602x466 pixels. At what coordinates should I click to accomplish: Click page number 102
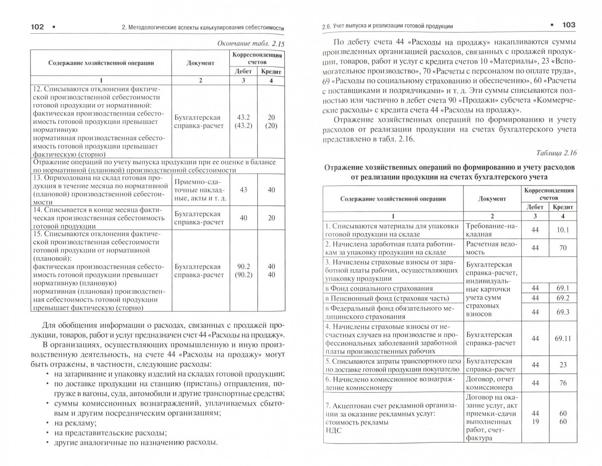tap(37, 27)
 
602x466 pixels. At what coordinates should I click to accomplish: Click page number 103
tap(568, 25)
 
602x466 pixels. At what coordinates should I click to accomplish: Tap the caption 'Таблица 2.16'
tap(556, 153)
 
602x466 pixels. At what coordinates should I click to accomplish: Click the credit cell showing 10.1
tap(563, 230)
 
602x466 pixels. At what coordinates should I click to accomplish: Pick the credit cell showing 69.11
tap(563, 338)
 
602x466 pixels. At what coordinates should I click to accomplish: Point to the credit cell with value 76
tap(563, 383)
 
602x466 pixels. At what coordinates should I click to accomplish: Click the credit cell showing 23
tap(563, 365)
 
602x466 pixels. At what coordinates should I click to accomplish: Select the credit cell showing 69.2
tap(563, 298)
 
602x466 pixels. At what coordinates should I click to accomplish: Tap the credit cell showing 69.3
tap(563, 312)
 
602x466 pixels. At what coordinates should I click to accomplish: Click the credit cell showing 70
tap(563, 248)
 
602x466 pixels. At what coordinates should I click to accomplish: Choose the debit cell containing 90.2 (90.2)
tap(243, 271)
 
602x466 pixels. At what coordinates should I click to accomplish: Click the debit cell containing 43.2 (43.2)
tap(243, 121)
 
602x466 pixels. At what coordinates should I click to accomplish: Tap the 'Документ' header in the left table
tap(200, 63)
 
